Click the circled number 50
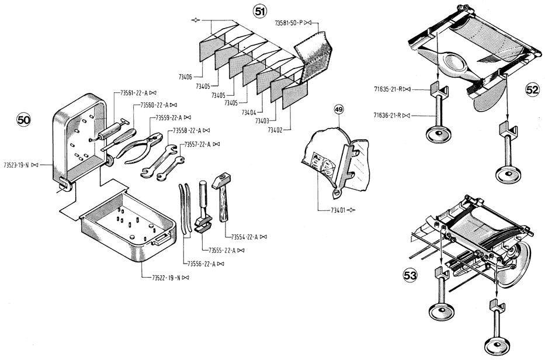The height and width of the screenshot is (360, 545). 24,120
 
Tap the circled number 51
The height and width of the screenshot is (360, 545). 260,12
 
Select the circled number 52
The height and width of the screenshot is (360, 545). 532,91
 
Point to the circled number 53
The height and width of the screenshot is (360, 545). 410,276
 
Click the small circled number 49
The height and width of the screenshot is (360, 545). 339,109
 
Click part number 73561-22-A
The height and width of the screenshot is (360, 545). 134,93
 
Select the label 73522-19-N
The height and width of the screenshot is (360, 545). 166,278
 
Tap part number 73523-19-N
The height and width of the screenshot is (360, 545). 16,165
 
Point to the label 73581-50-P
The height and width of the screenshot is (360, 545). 289,23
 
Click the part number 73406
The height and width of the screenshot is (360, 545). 185,77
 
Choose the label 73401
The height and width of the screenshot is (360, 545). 338,210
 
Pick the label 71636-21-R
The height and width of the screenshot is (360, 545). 387,115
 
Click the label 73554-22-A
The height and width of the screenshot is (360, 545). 245,237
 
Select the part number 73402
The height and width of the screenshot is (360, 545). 275,130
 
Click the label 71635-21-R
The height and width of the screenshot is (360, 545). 388,89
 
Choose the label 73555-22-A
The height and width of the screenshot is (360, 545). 222,251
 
